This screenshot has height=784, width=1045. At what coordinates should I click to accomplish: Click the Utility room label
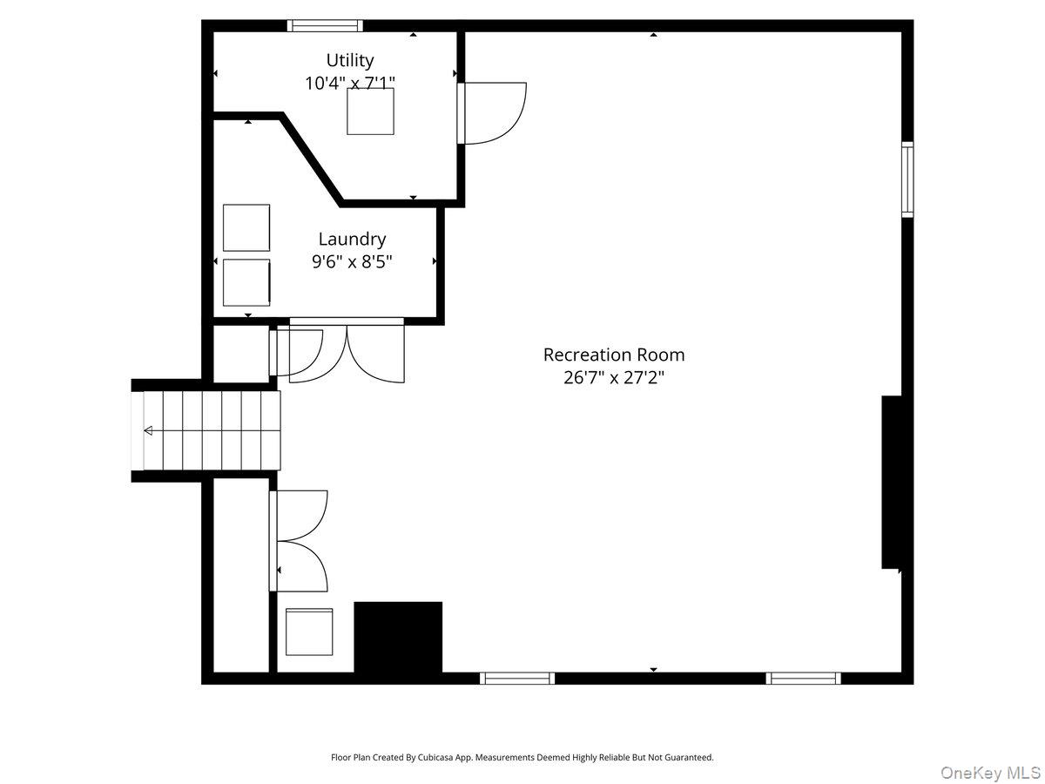pyautogui.click(x=350, y=60)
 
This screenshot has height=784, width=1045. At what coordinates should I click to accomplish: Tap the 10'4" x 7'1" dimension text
pyautogui.click(x=350, y=84)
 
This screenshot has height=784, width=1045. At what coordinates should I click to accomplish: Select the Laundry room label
pyautogui.click(x=352, y=239)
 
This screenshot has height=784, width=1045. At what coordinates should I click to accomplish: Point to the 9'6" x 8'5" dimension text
pyautogui.click(x=352, y=261)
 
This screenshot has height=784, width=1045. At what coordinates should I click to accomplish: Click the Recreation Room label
pyautogui.click(x=614, y=355)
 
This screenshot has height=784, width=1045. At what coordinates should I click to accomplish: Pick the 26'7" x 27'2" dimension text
pyautogui.click(x=614, y=378)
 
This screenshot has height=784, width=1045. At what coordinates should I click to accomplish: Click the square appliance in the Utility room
pyautogui.click(x=370, y=112)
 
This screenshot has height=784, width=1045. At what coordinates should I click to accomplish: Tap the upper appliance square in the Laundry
pyautogui.click(x=246, y=227)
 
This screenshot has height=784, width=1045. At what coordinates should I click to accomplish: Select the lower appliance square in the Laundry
pyautogui.click(x=246, y=282)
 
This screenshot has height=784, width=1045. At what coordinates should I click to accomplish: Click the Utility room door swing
pyautogui.click(x=493, y=112)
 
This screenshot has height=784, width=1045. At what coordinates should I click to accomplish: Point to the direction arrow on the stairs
pyautogui.click(x=148, y=430)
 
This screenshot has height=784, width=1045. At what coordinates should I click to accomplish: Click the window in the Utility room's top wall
pyautogui.click(x=326, y=26)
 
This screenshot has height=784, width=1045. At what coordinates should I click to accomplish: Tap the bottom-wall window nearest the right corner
pyautogui.click(x=803, y=678)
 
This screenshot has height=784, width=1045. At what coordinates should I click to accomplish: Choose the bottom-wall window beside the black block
pyautogui.click(x=517, y=678)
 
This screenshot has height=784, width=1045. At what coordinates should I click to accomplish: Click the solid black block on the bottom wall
pyautogui.click(x=398, y=637)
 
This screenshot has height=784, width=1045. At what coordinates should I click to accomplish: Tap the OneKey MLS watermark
pyautogui.click(x=992, y=772)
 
